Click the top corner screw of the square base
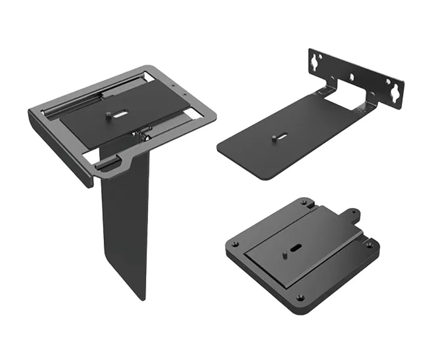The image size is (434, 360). tap(303, 203)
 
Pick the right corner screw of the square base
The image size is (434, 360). tap(370, 245)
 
